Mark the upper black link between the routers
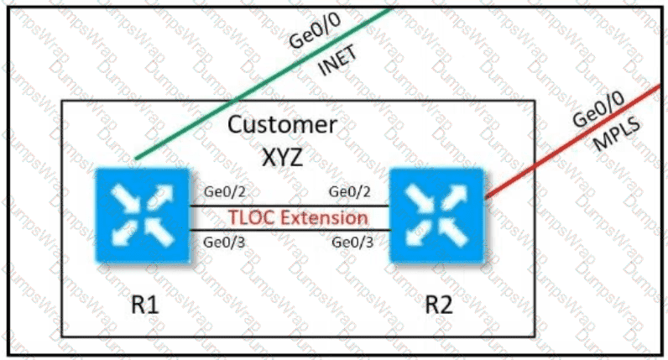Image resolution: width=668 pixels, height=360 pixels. point(290,206)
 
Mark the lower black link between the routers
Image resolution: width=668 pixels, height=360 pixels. point(290,230)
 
